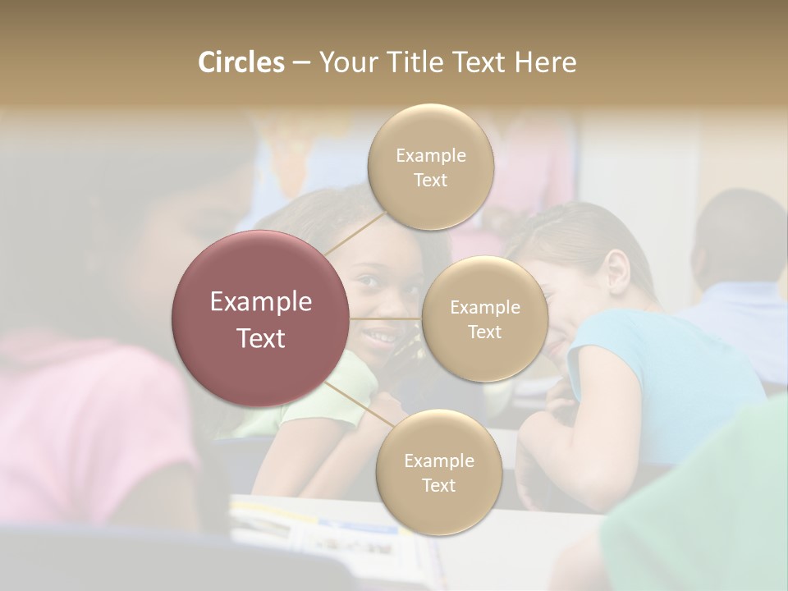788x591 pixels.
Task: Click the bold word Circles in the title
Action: coord(241,62)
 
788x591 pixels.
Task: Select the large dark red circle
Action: coord(261,318)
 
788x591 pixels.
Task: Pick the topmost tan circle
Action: coord(430,167)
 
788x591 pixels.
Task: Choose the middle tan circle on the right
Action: coord(484,318)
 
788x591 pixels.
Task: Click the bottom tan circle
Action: coord(438,472)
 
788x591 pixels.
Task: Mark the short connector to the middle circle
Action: coord(385,318)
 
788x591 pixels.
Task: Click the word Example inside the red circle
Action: coord(261,302)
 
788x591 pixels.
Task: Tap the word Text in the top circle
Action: coord(430,181)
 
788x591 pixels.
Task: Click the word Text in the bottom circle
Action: coord(438,486)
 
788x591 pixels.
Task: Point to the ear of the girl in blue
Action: coord(617,272)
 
